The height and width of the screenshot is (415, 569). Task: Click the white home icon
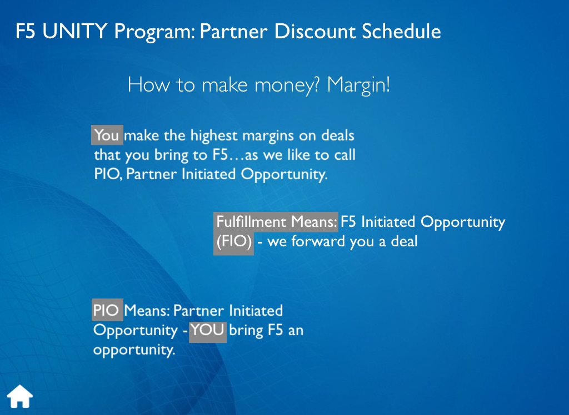pos(19,396)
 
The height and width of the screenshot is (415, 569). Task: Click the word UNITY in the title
pos(75,31)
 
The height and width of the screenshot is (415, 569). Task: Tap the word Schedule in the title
pos(401,31)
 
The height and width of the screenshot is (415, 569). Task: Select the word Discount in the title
pos(315,31)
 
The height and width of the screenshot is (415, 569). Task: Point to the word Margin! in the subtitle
pos(358,85)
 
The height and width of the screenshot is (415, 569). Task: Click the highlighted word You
pos(107,135)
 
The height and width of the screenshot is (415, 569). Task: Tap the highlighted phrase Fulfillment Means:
pos(276,222)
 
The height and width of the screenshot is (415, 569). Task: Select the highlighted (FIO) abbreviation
pos(233,242)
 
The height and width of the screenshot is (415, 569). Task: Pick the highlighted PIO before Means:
pos(107,310)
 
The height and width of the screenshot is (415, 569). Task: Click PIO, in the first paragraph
pos(108,174)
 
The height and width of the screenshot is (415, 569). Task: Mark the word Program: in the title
pos(154,32)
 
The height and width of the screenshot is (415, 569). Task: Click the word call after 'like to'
pos(345,155)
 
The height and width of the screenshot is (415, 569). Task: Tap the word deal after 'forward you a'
pos(404,241)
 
